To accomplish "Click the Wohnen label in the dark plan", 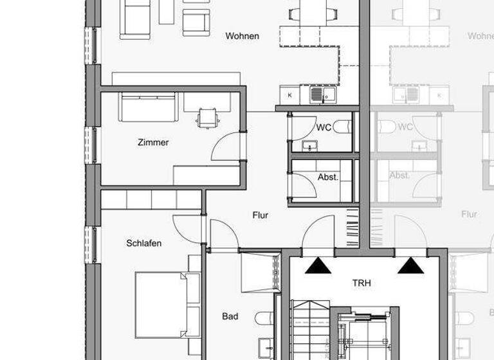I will click(x=242, y=36).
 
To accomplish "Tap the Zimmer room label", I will click(x=153, y=142).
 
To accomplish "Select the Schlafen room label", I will click(x=143, y=243).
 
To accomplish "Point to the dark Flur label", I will click(x=260, y=215).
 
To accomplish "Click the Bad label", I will click(x=230, y=316).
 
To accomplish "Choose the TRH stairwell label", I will click(x=361, y=283).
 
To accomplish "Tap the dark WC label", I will click(x=324, y=127).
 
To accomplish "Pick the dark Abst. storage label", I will click(x=328, y=177).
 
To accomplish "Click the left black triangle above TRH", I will click(x=318, y=265).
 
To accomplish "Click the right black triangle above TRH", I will click(x=410, y=265).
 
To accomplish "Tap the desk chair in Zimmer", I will click(x=206, y=117).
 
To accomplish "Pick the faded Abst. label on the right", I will click(x=399, y=175).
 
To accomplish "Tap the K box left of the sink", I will click(x=289, y=95).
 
